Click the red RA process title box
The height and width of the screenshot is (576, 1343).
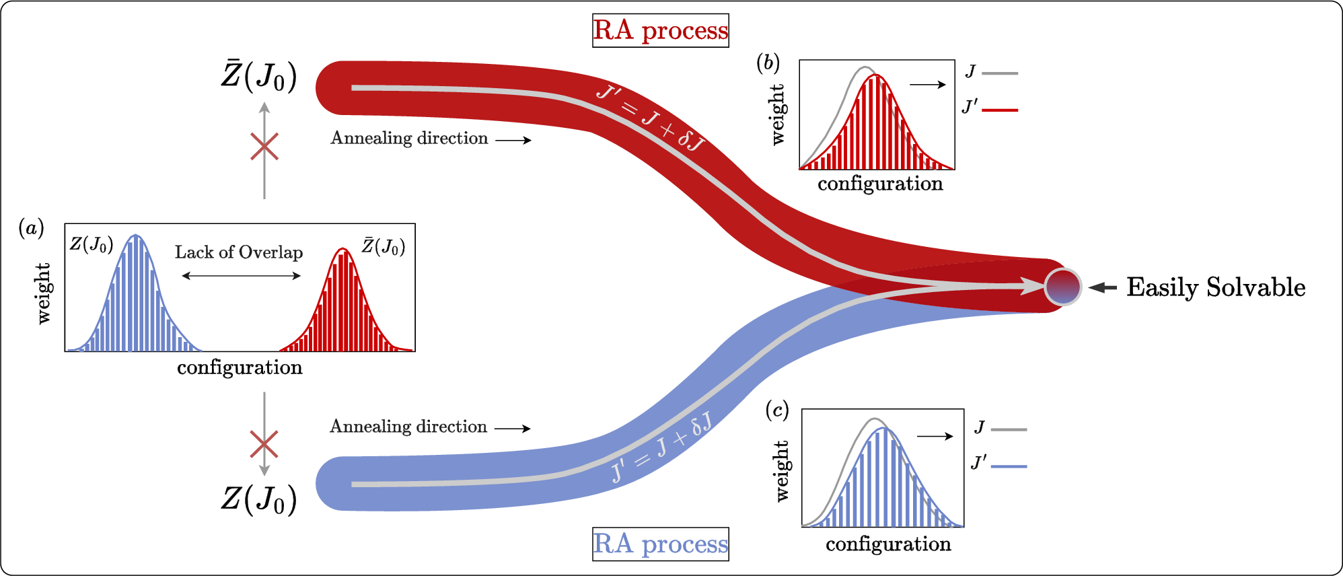[x=660, y=31]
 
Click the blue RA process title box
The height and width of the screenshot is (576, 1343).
[x=660, y=544]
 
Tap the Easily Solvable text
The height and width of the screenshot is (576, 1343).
[x=1215, y=287]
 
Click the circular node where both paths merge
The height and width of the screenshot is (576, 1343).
[x=1062, y=287]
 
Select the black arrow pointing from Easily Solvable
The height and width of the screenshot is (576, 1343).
[x=1102, y=287]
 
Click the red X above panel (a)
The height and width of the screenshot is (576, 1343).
[x=264, y=147]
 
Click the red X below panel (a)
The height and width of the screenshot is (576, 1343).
[x=264, y=445]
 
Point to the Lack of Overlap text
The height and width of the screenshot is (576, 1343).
[x=239, y=252]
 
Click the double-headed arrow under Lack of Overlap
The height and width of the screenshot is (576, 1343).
[x=241, y=275]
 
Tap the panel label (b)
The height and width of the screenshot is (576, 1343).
[x=768, y=63]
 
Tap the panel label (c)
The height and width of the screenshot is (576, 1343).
[x=777, y=410]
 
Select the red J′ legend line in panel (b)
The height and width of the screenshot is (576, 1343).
[x=999, y=109]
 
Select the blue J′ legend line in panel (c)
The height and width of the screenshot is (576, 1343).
[x=1008, y=466]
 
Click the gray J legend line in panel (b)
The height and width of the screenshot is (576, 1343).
[x=999, y=73]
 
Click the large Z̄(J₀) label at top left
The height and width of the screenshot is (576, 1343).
[x=259, y=77]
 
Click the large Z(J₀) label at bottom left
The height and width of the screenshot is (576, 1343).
[x=259, y=499]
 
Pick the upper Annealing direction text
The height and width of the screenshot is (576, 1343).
[x=409, y=139]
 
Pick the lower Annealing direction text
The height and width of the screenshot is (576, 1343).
[x=408, y=427]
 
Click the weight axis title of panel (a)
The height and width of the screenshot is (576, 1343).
[x=44, y=293]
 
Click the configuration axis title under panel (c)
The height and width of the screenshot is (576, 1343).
[x=888, y=544]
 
